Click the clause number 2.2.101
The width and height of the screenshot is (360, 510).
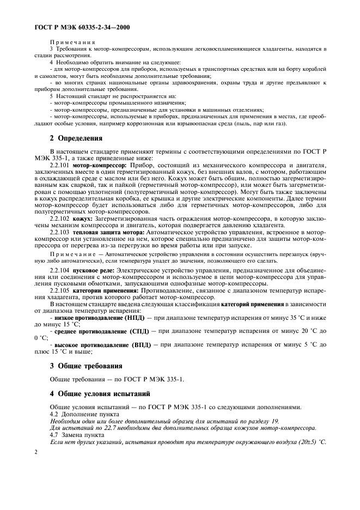[59, 164]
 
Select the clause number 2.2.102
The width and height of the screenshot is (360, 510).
[59, 217]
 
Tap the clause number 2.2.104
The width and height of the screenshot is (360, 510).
[59, 270]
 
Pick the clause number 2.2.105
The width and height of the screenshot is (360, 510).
[59, 290]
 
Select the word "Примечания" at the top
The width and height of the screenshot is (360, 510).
[72, 42]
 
